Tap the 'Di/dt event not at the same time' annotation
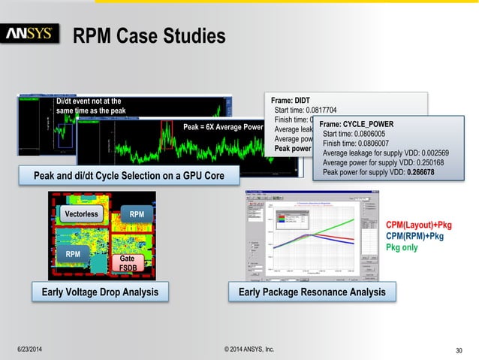pos(89,106)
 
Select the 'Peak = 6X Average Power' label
pos(223,127)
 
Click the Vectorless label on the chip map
pos(80,214)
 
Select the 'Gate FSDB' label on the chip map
pos(127,262)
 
